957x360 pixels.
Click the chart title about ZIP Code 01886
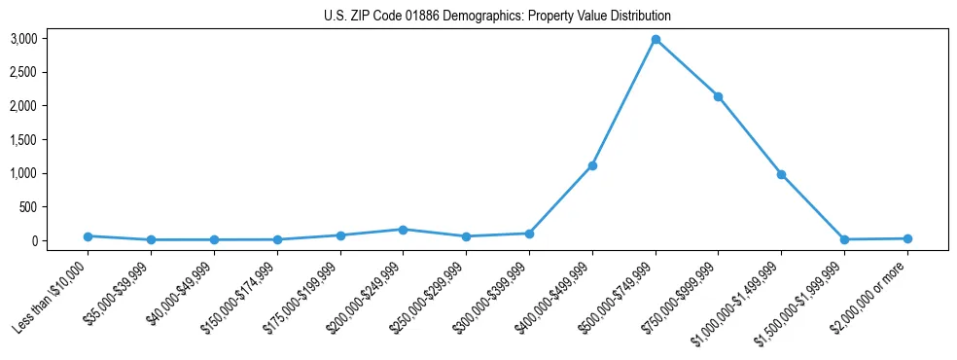(497, 17)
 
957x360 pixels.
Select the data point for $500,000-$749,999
(656, 40)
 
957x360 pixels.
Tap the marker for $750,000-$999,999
(719, 96)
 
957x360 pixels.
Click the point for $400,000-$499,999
(592, 165)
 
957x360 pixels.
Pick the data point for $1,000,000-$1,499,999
(781, 174)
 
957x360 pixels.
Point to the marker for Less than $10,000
(88, 236)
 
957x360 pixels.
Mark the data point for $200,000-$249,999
(404, 230)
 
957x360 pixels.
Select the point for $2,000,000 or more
(907, 238)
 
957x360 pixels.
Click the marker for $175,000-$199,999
(340, 235)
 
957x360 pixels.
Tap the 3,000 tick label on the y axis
(51, 39)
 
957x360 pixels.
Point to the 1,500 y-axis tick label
(51, 140)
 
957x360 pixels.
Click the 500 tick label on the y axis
(56, 207)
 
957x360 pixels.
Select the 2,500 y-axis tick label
(51, 73)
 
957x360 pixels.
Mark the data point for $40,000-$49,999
(214, 239)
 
